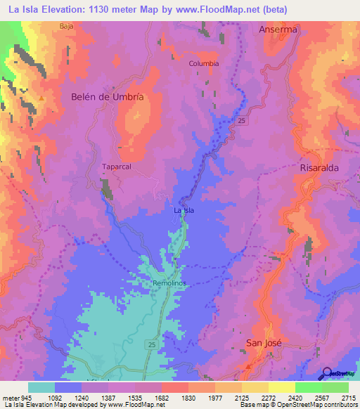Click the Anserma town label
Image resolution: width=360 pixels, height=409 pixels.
(x=278, y=30)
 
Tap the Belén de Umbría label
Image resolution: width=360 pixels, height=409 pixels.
(x=108, y=98)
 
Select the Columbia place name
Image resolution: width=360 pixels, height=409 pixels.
(x=204, y=63)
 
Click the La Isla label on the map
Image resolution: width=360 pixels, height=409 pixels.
(x=184, y=210)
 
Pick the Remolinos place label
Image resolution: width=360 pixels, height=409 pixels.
(x=169, y=284)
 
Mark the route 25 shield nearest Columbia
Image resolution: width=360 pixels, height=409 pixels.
(x=240, y=121)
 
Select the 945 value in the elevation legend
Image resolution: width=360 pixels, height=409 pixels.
(x=26, y=397)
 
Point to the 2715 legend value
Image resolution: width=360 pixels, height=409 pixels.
(x=349, y=397)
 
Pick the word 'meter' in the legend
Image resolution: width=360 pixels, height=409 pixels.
(x=9, y=397)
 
